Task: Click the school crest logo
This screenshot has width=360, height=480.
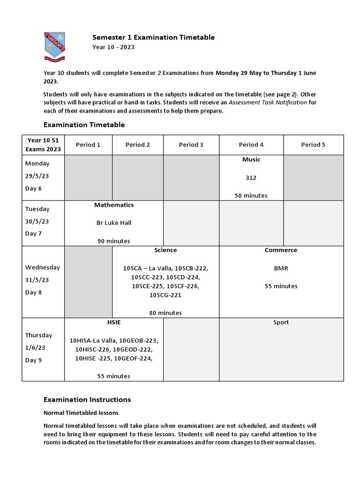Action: pyautogui.click(x=54, y=46)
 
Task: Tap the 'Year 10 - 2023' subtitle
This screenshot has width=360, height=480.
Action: pyautogui.click(x=112, y=47)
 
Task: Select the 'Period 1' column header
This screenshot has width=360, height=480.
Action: pyautogui.click(x=88, y=145)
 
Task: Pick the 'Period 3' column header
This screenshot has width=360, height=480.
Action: pyautogui.click(x=191, y=145)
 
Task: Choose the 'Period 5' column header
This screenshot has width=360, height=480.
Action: pyautogui.click(x=313, y=145)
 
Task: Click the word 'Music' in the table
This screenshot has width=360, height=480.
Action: pyautogui.click(x=251, y=160)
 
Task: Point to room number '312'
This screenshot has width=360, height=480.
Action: pyautogui.click(x=251, y=178)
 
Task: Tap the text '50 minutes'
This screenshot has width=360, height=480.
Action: pyautogui.click(x=251, y=195)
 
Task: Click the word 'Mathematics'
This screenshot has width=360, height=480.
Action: pyautogui.click(x=114, y=205)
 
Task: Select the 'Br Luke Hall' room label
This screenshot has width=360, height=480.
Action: pyautogui.click(x=114, y=223)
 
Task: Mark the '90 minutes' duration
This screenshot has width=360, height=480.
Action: pyautogui.click(x=114, y=241)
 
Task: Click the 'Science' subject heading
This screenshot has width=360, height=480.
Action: pyautogui.click(x=165, y=250)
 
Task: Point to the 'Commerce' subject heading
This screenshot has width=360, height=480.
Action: pyautogui.click(x=281, y=250)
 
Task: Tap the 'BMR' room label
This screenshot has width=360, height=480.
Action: pyautogui.click(x=281, y=269)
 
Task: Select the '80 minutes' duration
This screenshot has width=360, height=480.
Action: pyautogui.click(x=165, y=313)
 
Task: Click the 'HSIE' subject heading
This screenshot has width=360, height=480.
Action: pyautogui.click(x=114, y=322)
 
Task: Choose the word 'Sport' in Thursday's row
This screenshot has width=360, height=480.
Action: pyautogui.click(x=281, y=322)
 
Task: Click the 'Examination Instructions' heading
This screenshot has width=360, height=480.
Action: pyautogui.click(x=87, y=400)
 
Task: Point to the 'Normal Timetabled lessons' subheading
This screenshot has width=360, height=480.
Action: pyautogui.click(x=81, y=413)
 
